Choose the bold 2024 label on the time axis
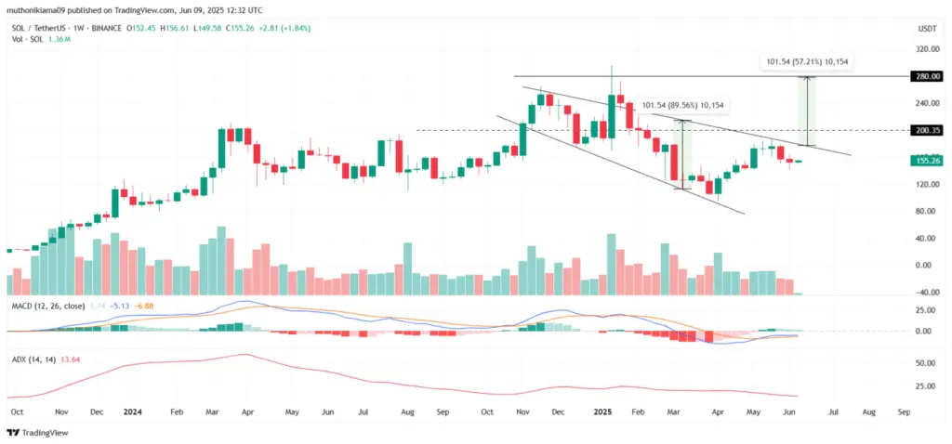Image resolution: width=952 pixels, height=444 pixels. tap(132, 410)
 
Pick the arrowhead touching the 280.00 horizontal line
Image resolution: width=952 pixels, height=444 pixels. tap(808, 80)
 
